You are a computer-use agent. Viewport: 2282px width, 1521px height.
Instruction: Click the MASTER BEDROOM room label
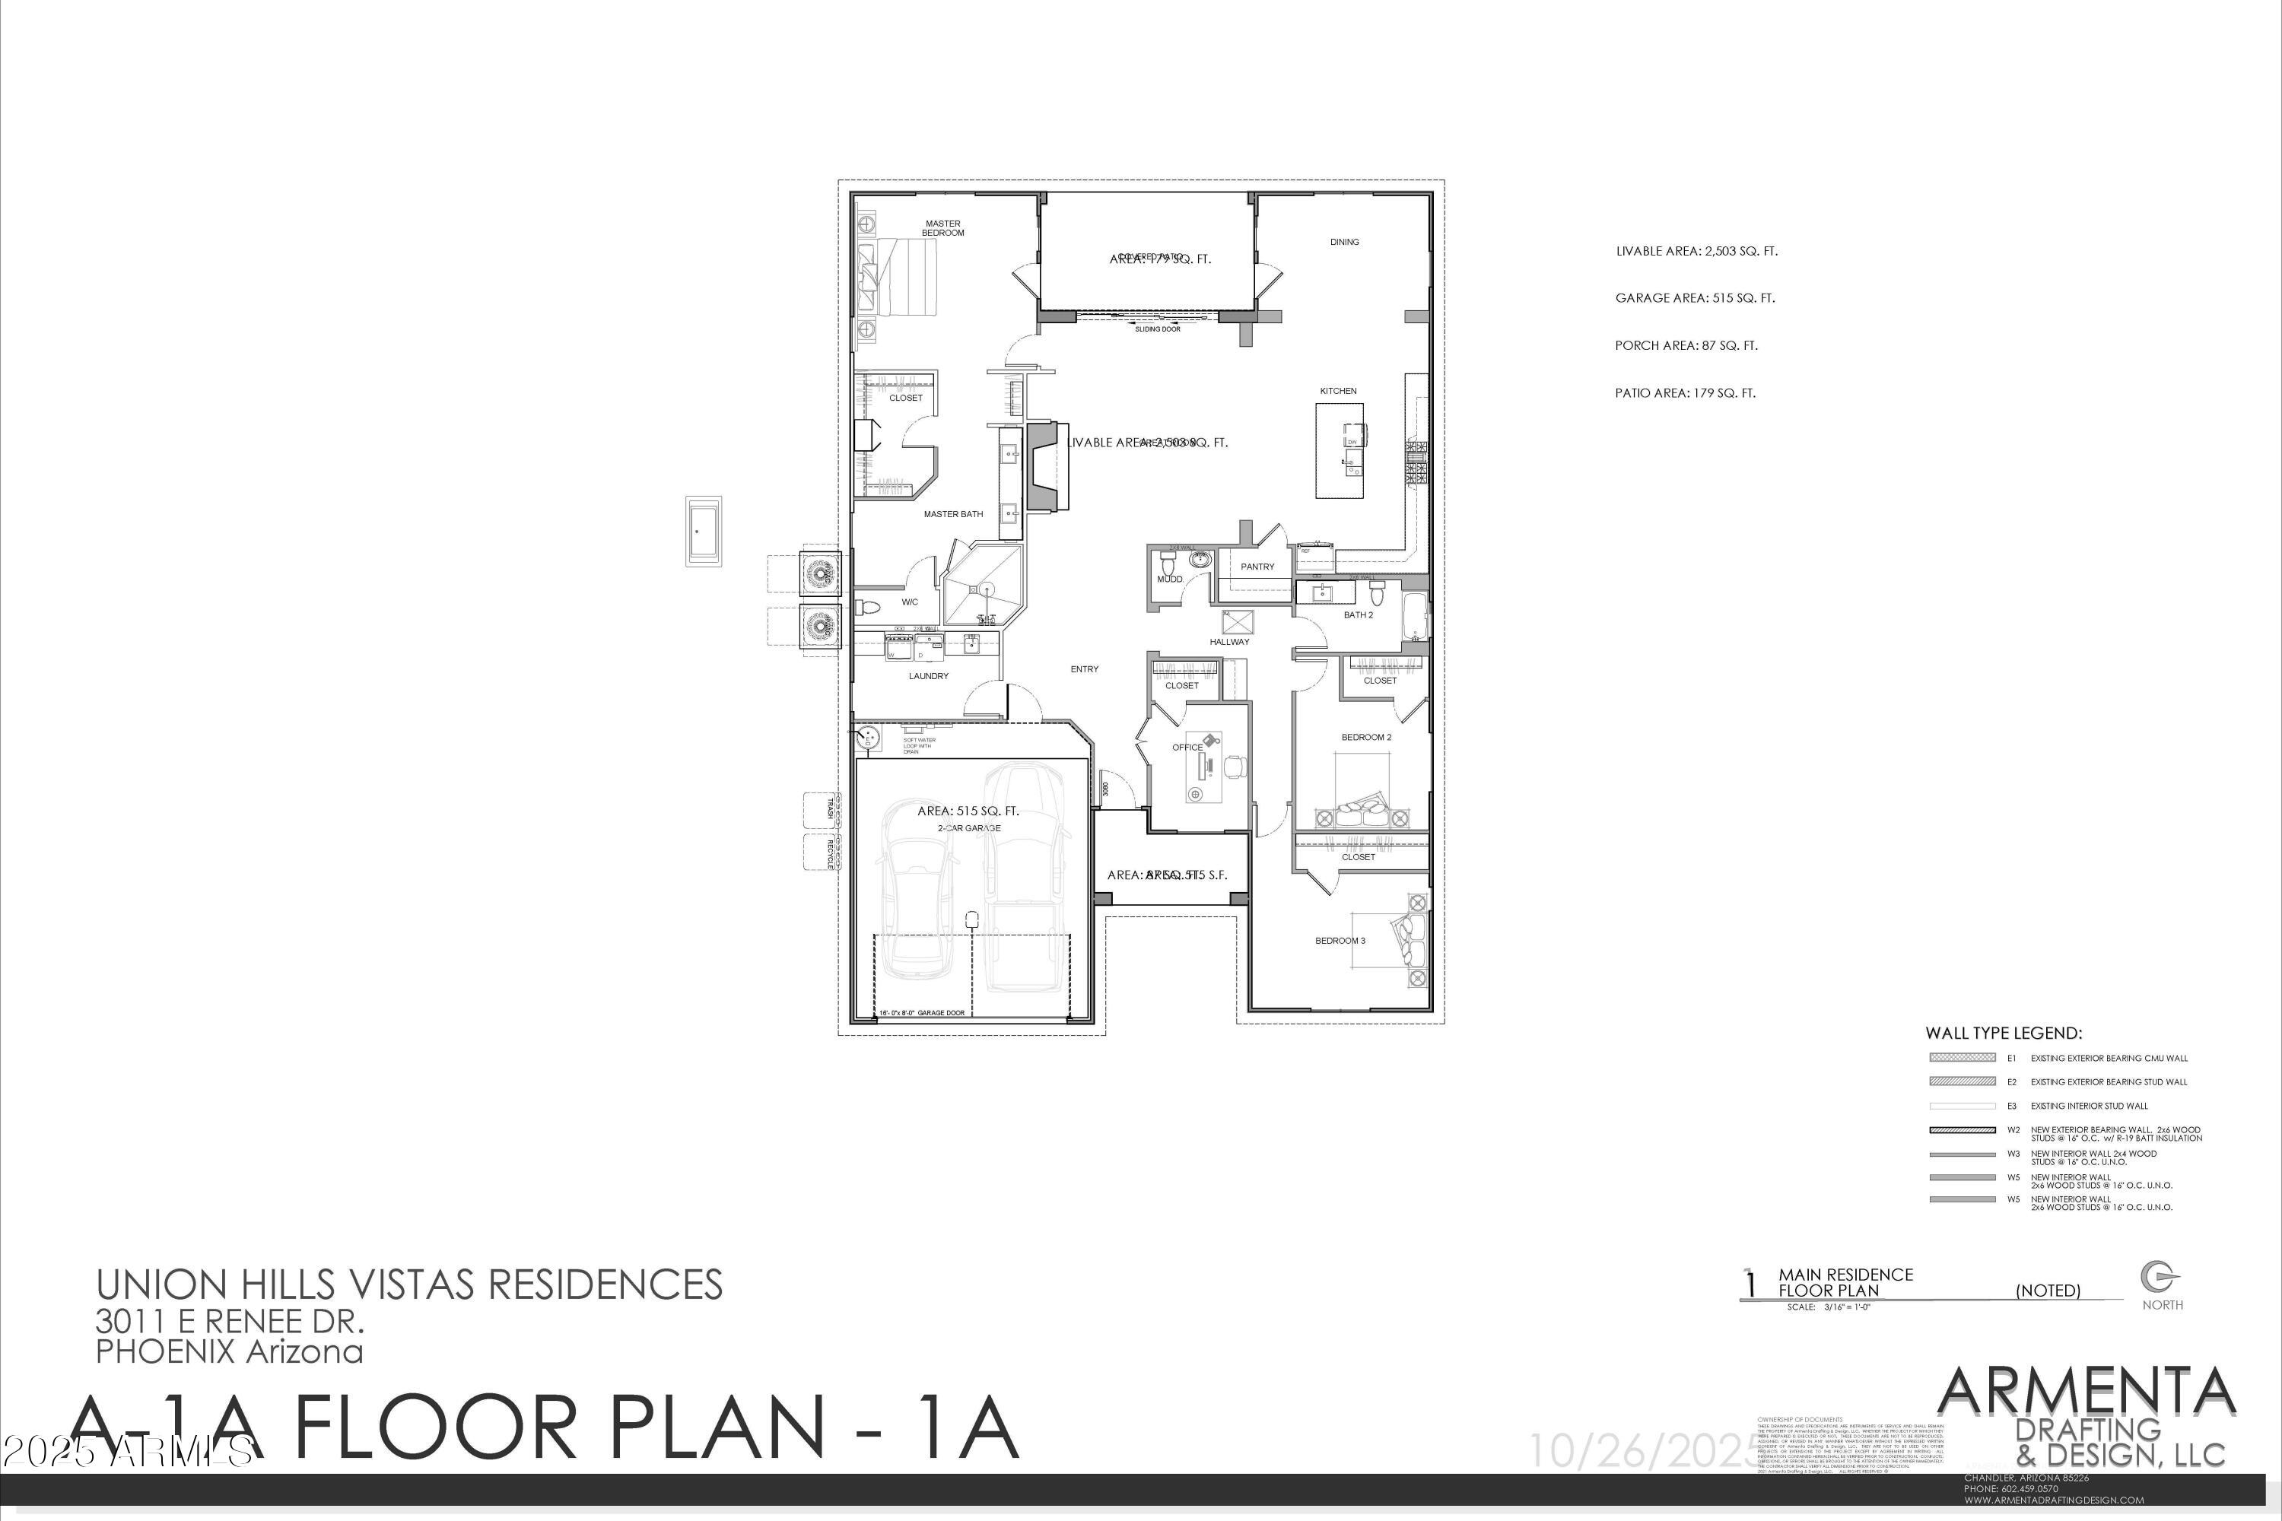(x=942, y=228)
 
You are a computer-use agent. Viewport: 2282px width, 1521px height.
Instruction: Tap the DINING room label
(x=1344, y=242)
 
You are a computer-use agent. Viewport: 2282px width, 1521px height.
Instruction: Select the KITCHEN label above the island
(x=1337, y=391)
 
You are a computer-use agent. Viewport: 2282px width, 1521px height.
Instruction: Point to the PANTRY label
(x=1257, y=567)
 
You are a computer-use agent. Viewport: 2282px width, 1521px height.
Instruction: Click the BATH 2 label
(x=1357, y=615)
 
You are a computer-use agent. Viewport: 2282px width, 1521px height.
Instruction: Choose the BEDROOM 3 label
(x=1339, y=941)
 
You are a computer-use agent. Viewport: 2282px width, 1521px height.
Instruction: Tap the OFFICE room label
(x=1187, y=748)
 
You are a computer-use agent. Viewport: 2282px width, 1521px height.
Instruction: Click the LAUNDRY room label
(x=927, y=676)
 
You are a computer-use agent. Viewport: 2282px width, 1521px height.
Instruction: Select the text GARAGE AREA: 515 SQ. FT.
(x=1694, y=298)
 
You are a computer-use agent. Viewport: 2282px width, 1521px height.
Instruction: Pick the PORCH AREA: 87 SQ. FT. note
(x=1686, y=345)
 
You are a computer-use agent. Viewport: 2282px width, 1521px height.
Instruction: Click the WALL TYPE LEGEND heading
(x=2003, y=1033)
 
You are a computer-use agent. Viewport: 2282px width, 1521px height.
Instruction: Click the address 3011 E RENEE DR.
(x=229, y=1320)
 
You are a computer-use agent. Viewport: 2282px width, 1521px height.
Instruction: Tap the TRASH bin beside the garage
(x=821, y=810)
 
